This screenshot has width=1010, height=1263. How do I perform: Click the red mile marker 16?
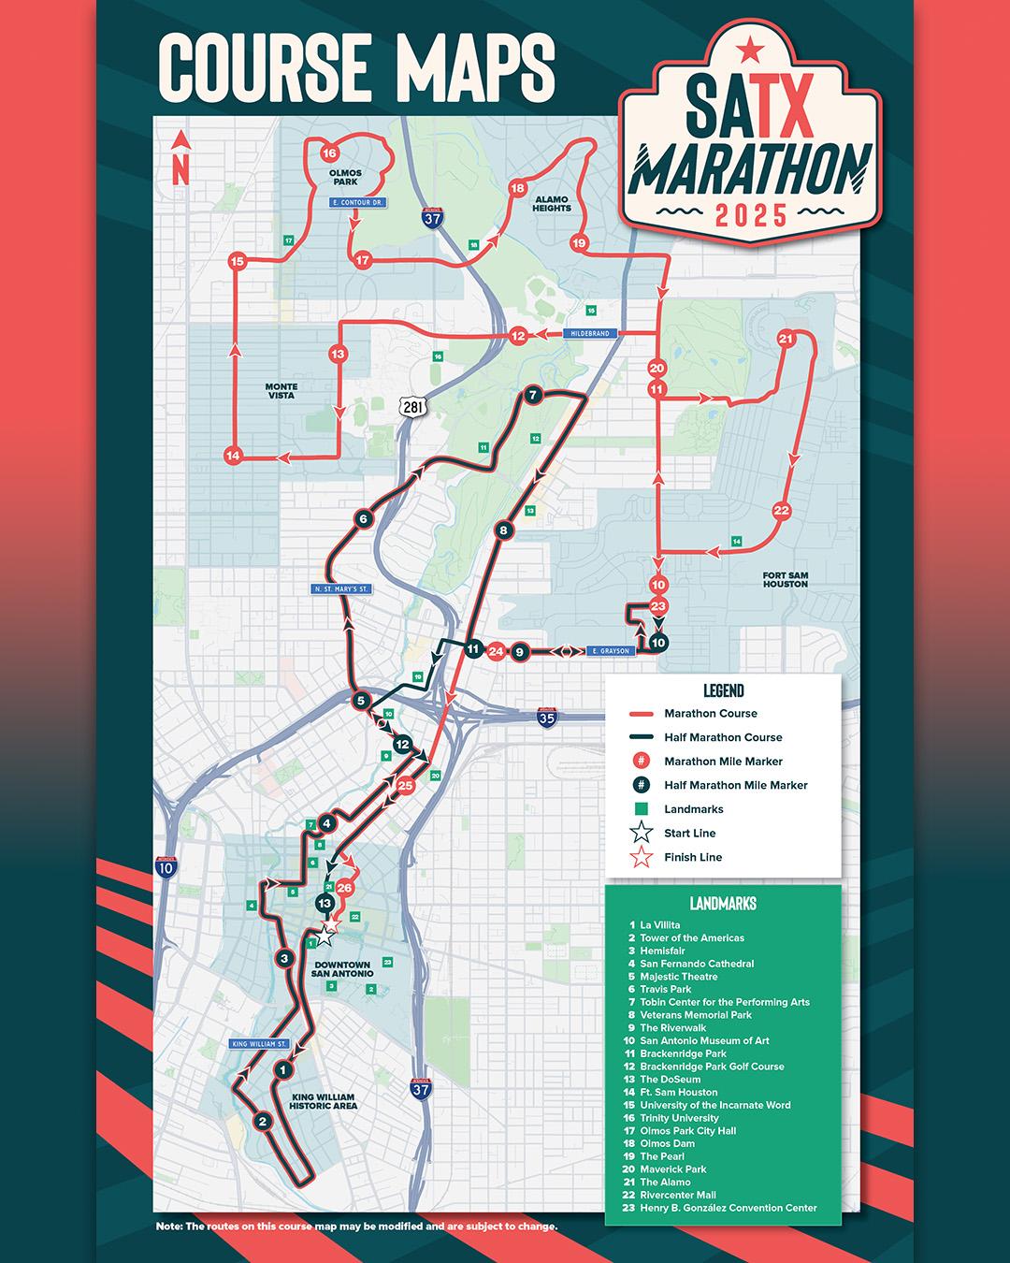[x=328, y=153]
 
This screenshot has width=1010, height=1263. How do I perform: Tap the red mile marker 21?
[x=786, y=339]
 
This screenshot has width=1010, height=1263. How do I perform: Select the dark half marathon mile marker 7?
[x=532, y=395]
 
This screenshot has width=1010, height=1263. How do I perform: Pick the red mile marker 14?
[x=234, y=456]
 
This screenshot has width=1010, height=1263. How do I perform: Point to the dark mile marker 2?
[x=263, y=1121]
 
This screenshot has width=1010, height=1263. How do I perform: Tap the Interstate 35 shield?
[x=547, y=718]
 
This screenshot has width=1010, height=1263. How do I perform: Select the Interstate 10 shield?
[x=166, y=867]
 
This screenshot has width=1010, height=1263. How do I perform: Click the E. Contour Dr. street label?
[x=358, y=202]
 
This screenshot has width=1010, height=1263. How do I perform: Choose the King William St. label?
[x=258, y=1043]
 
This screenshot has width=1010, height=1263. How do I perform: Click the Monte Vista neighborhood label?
[x=281, y=391]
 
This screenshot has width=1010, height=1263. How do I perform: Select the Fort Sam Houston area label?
[x=785, y=579]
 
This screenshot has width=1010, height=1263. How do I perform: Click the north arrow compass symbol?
[x=180, y=156]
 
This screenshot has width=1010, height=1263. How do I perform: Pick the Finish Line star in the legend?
[x=642, y=857]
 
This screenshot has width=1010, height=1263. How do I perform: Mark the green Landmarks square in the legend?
[x=642, y=809]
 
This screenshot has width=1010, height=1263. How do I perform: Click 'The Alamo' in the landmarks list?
[x=664, y=1182]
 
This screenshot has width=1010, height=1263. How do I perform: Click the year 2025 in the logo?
[x=751, y=216]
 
